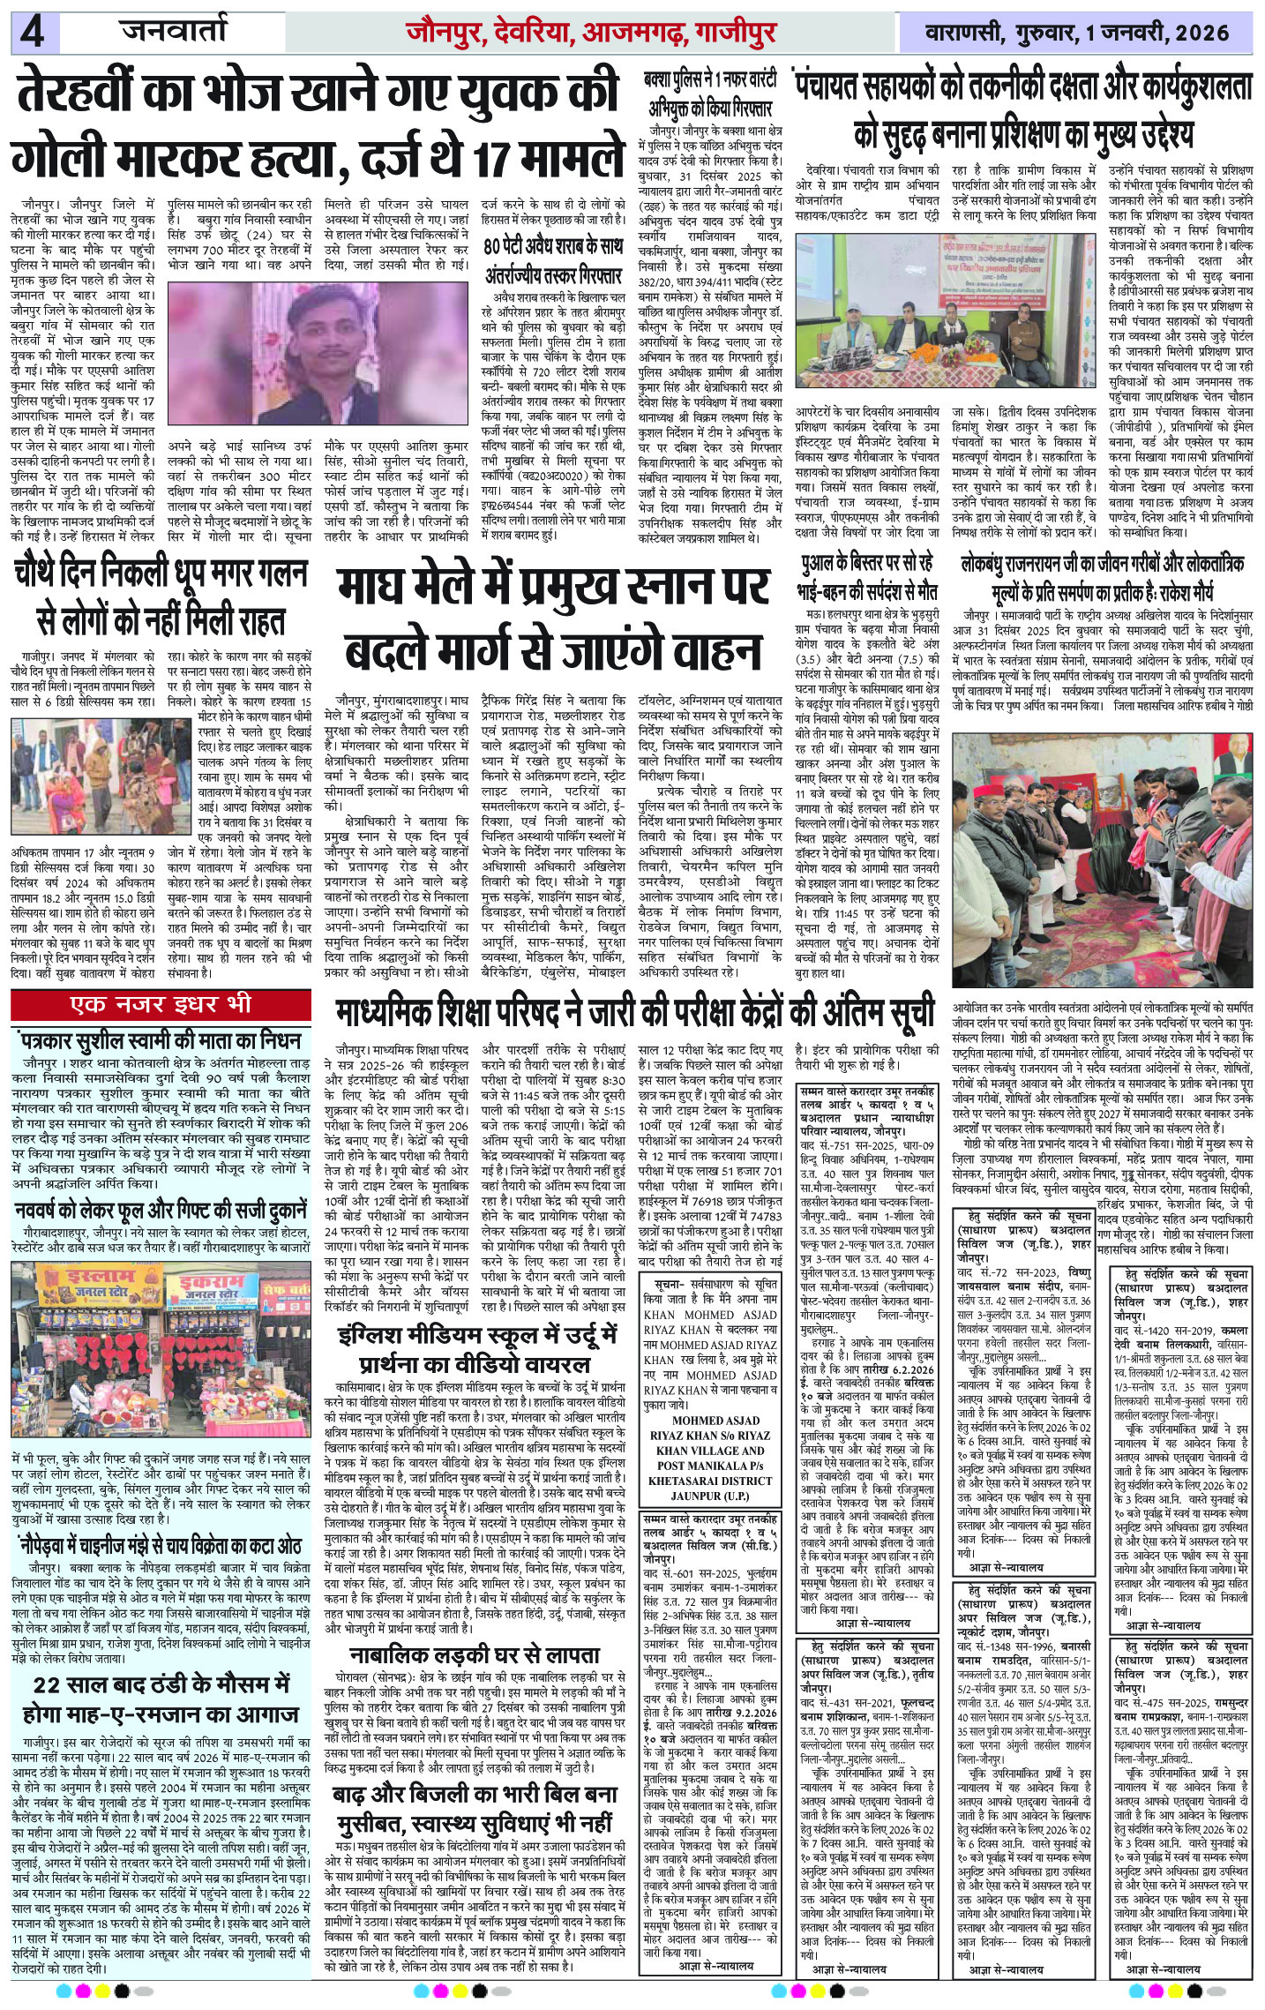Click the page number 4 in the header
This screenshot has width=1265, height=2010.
click(x=34, y=34)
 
